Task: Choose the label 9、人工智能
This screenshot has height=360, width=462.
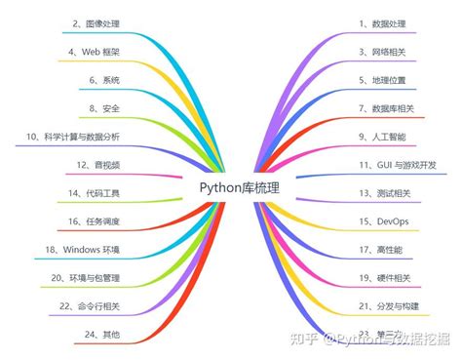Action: [x=383, y=136]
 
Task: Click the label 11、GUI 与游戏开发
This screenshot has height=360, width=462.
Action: [x=398, y=165]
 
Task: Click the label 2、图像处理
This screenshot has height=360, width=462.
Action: [x=97, y=20]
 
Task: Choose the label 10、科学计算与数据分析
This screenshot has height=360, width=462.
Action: [x=84, y=136]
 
